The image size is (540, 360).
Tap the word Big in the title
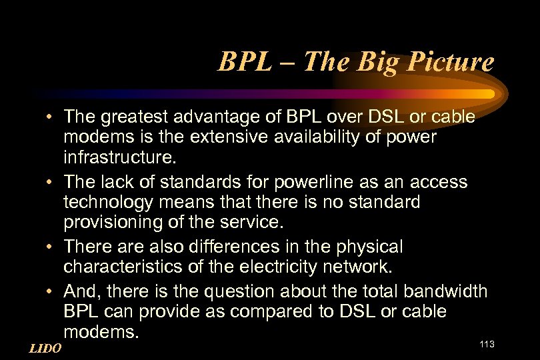tap(377, 63)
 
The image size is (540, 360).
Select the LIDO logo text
tap(46, 348)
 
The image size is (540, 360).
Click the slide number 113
tap(486, 343)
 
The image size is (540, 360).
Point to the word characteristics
tap(123, 267)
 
